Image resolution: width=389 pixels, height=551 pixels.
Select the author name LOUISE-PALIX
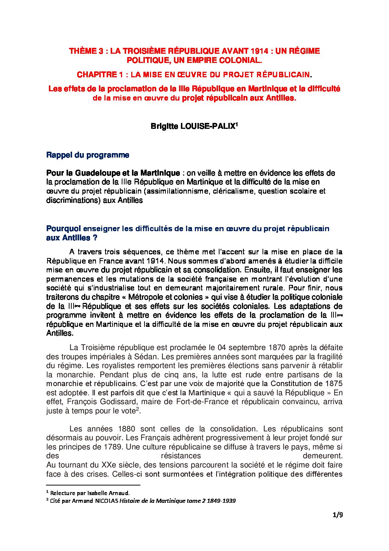tap(207, 126)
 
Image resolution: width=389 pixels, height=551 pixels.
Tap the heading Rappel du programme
tap(88, 155)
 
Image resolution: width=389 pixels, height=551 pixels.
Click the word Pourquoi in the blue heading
tap(63, 229)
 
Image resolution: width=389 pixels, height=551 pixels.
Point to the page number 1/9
tap(338, 515)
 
